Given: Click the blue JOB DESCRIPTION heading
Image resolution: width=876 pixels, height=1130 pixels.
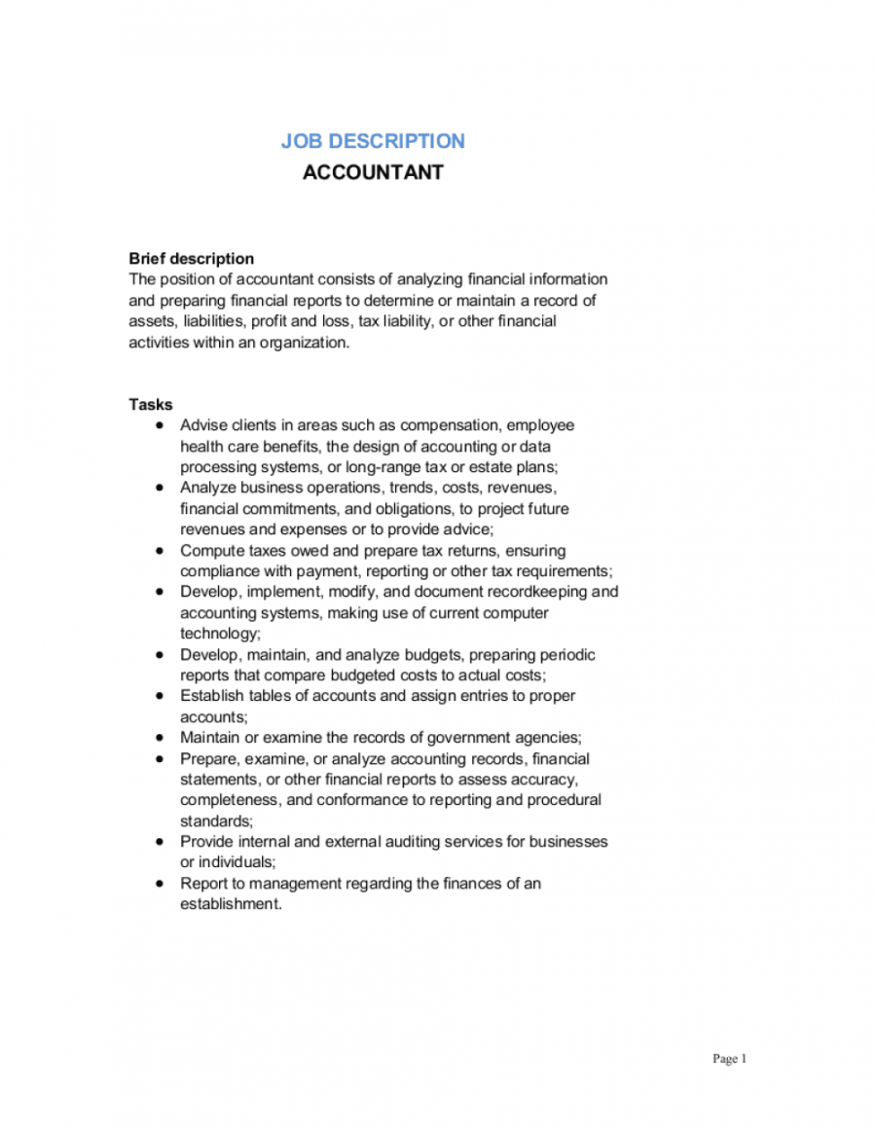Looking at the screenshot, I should point(373,141).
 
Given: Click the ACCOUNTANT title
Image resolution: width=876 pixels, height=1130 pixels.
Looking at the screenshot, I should point(373,172).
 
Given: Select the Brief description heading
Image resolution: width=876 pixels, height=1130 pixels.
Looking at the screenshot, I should point(192,259).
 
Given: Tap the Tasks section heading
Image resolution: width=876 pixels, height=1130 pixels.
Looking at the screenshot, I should point(151,405).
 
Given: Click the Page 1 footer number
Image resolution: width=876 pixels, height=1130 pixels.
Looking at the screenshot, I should point(730,1059).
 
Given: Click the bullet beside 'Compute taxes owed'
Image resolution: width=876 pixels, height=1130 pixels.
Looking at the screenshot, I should point(160,551).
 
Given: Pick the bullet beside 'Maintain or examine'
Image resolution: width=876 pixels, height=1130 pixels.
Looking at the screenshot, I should point(160,738).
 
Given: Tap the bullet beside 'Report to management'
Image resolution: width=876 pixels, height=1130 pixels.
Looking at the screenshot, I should point(160,884).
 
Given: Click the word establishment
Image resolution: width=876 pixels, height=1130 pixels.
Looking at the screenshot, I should point(230,904).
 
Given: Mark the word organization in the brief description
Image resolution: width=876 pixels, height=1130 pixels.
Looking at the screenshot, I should point(303,343).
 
